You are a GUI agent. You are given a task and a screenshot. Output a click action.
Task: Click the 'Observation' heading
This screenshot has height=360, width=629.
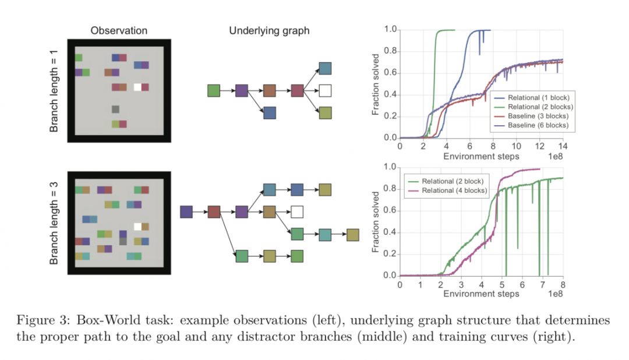point(119,30)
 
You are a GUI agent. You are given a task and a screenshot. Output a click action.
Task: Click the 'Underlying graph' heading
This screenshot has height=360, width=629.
point(269,30)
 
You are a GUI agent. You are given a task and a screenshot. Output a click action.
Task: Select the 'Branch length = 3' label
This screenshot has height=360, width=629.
point(54,223)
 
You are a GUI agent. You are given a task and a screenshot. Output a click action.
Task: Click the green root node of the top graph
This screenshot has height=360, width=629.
point(214,90)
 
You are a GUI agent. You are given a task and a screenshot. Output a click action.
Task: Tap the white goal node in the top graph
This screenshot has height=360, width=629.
point(325,90)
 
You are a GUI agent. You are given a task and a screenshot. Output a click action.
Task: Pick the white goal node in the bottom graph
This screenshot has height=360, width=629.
point(297,211)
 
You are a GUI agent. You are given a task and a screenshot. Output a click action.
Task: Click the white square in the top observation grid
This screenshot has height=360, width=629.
point(137,87)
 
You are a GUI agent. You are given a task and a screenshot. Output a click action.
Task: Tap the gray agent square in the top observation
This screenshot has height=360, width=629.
point(115,109)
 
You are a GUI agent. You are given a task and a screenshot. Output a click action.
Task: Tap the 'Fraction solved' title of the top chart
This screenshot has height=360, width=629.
point(376,84)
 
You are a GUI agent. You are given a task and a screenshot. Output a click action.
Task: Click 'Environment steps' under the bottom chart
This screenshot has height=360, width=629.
point(481,294)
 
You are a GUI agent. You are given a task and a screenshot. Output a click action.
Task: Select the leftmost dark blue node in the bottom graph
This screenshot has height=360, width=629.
point(186,211)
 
